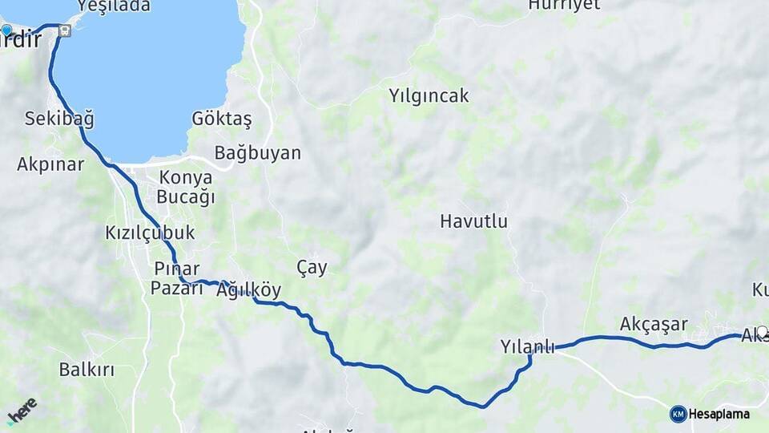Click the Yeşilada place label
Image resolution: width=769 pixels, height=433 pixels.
[x=114, y=6]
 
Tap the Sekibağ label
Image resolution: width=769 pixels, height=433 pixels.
[x=59, y=119]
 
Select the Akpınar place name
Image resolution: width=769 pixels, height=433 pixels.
[x=50, y=164]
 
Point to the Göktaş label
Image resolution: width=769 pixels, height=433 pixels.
[x=222, y=119]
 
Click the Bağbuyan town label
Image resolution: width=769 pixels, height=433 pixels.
[x=257, y=152]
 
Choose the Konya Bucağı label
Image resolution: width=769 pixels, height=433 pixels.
[x=186, y=188]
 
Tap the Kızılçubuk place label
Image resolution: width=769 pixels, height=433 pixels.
[x=150, y=233]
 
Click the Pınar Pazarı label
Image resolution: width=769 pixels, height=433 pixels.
[x=178, y=277]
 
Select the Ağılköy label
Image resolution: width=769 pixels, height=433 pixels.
[x=249, y=290]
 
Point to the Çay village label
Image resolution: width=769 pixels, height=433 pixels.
[x=312, y=267]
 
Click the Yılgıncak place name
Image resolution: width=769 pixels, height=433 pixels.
[x=429, y=95]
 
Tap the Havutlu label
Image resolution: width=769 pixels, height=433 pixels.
[x=473, y=221]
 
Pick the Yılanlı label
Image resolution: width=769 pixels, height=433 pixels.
[x=527, y=347]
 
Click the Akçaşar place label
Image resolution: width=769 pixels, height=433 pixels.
[x=654, y=324]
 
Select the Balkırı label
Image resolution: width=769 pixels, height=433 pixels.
[x=87, y=370]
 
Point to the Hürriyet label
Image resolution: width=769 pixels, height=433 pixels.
[x=564, y=5]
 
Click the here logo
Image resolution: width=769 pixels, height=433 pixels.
[x=22, y=410]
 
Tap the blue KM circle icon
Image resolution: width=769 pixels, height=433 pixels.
[x=678, y=414]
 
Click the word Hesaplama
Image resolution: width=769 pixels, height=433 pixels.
[x=719, y=414]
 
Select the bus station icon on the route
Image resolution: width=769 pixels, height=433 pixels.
[x=64, y=30]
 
